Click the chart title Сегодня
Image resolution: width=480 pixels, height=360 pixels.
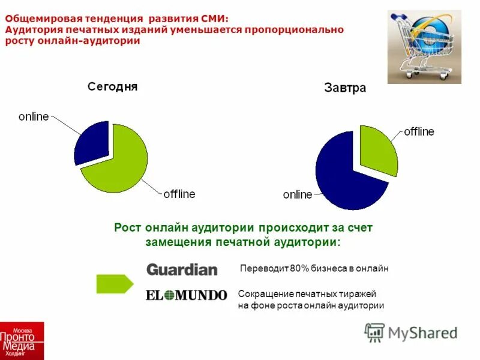point(113,86)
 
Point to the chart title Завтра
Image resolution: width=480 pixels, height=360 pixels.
point(345,88)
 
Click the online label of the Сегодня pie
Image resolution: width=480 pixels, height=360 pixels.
point(34,116)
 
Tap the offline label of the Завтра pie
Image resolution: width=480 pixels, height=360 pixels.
point(418,131)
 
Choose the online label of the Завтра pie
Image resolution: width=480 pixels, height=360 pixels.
point(298,194)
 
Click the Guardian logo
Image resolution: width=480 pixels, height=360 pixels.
point(182,270)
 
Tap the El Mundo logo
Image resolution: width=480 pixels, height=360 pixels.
point(187,295)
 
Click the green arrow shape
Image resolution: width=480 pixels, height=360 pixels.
point(115,284)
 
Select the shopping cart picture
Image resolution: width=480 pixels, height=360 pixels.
point(424,46)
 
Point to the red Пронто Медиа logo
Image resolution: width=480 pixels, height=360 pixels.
point(22,341)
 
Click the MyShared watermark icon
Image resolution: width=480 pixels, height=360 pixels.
point(375,332)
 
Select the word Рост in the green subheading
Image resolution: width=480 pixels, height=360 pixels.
point(127,228)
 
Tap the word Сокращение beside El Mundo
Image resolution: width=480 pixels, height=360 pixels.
point(265,294)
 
